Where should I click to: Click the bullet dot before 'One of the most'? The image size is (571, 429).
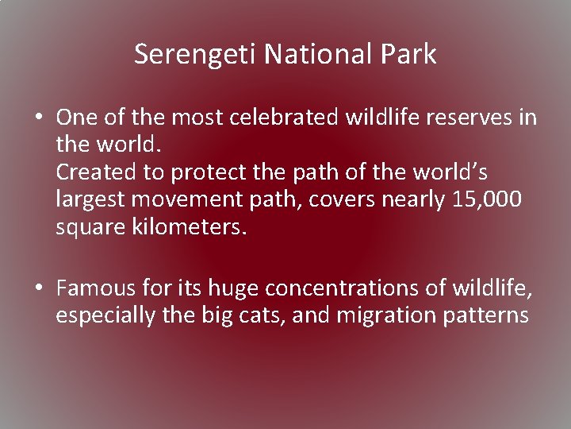[x=38, y=118]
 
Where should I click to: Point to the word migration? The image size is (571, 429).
[x=384, y=315]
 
